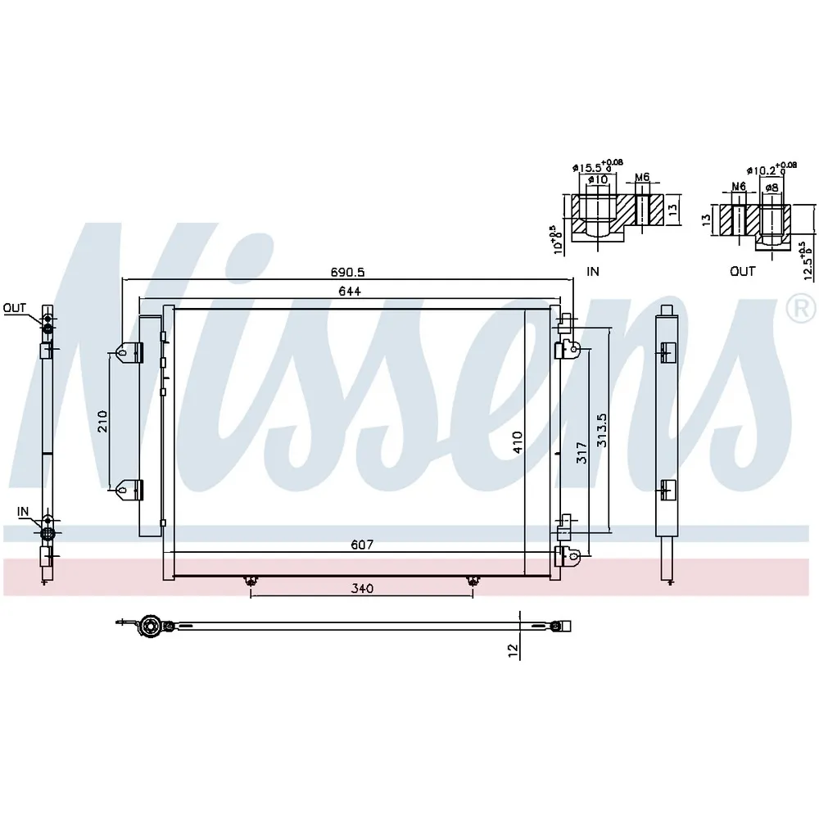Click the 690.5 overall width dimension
[347, 272]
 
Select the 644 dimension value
[350, 291]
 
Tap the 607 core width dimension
[362, 545]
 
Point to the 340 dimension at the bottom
[362, 589]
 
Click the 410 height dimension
[517, 442]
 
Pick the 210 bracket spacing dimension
[102, 422]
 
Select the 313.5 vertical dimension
[602, 431]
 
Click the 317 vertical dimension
[581, 453]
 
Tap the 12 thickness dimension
[513, 649]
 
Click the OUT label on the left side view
[14, 308]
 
